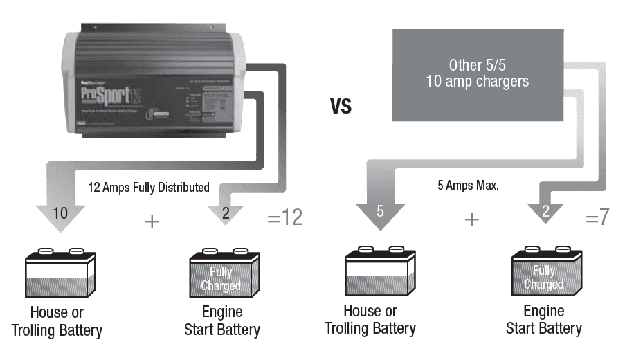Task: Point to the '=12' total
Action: coord(284,218)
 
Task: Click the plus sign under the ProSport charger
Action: coord(152,222)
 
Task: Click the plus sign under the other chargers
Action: coord(471,219)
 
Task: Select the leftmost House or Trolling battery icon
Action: coord(60,273)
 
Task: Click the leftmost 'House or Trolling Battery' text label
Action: coord(57,321)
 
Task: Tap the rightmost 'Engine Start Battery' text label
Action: coord(543,319)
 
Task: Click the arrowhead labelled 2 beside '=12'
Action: coord(226,214)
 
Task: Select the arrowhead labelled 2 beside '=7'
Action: coord(545,212)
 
